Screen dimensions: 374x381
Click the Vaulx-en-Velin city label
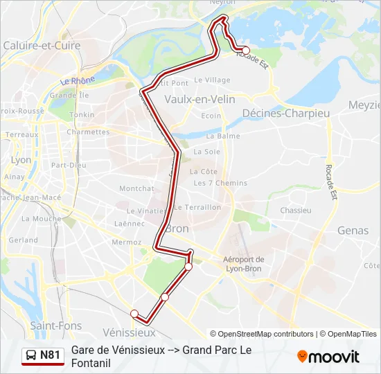(200, 99)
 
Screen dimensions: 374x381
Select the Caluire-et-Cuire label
(42, 46)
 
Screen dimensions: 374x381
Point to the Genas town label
(353, 230)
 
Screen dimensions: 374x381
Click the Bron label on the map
(179, 228)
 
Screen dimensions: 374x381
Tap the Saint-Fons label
(55, 326)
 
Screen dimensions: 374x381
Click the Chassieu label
(296, 210)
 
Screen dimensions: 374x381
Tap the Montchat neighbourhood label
(136, 188)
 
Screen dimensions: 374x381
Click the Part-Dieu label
(69, 165)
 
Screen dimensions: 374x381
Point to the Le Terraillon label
(197, 207)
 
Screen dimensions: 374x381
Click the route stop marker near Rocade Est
(245, 50)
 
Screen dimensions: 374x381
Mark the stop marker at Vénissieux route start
(134, 313)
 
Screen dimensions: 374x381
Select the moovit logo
(328, 357)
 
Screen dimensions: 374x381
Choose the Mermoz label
(127, 242)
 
